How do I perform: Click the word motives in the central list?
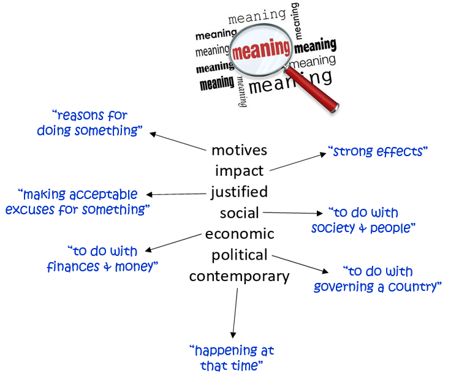239,150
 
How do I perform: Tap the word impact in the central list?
239,171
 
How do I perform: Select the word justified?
239,192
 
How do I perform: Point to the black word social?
240,212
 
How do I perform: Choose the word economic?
240,234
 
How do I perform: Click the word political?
240,255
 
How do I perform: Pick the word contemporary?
239,276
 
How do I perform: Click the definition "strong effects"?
377,151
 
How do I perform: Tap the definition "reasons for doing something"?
89,122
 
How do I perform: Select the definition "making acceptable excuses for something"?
78,202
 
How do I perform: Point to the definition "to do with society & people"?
363,220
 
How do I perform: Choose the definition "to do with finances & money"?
102,259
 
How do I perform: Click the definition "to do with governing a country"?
377,279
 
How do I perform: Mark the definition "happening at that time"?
232,358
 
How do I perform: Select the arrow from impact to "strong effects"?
297,162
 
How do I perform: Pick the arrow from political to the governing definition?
301,264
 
